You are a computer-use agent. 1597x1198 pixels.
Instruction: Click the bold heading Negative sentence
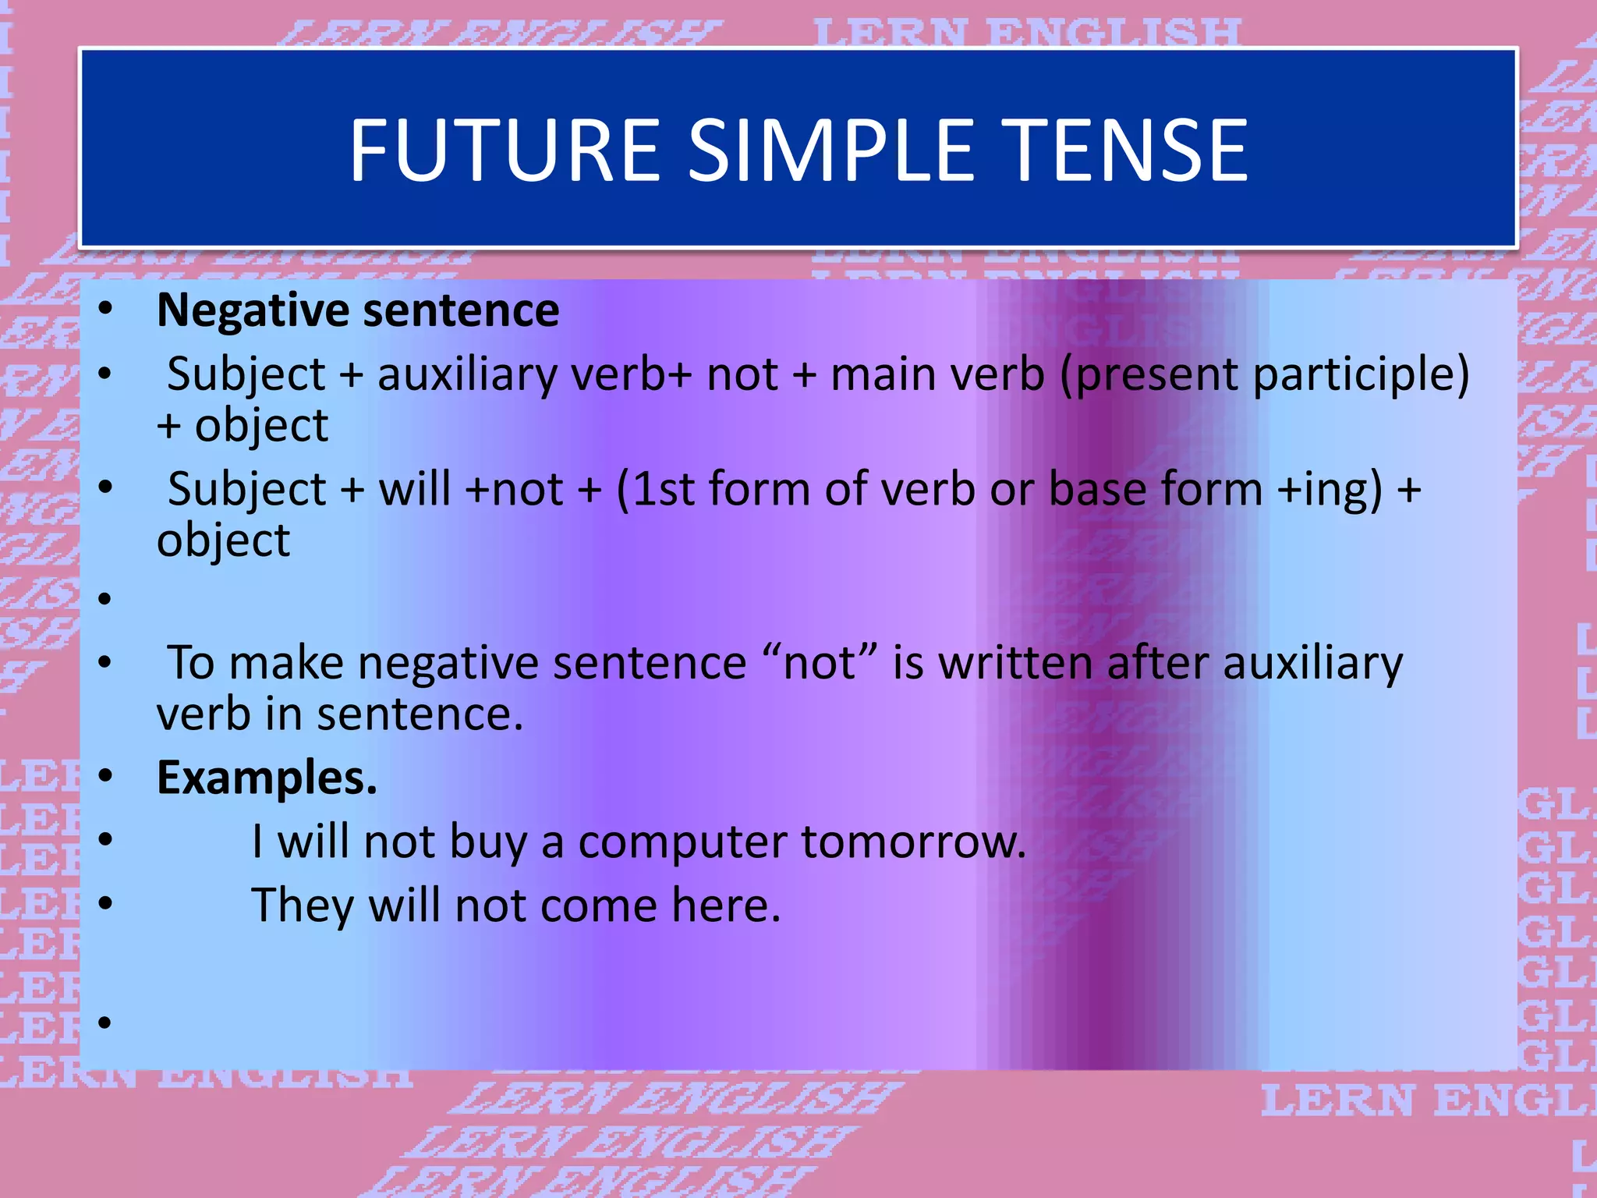358,310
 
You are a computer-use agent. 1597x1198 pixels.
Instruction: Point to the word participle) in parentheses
1360,374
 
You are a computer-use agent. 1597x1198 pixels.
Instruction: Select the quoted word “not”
820,664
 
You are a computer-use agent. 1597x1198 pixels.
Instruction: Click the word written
1015,664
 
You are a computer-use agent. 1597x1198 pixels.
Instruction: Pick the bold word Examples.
267,778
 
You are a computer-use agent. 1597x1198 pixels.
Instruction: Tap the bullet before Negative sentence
105,310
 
